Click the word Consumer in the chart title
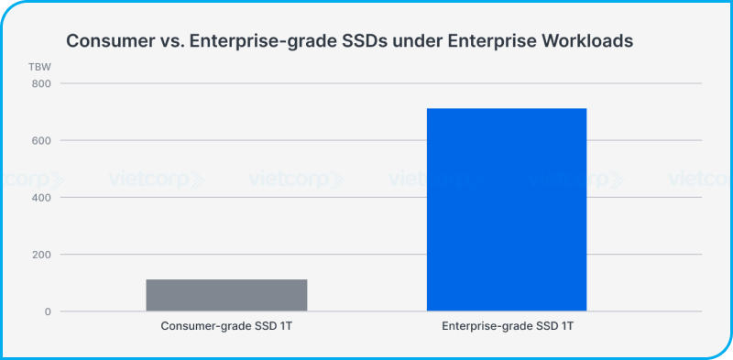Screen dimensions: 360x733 tap(109, 41)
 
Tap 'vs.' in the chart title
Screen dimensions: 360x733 tap(170, 41)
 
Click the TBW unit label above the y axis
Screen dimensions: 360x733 tap(41, 67)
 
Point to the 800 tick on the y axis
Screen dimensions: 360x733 tap(41, 83)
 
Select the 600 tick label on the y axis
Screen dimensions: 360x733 tap(41, 140)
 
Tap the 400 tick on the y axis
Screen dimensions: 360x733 tap(41, 197)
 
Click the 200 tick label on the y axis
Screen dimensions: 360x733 tap(41, 255)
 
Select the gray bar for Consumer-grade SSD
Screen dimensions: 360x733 tap(226, 295)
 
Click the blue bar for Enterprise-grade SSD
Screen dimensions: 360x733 tap(507, 210)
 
